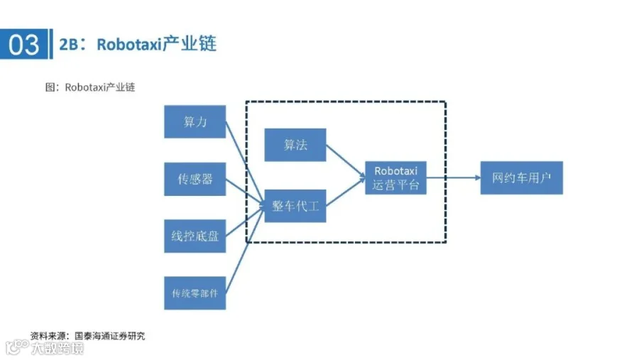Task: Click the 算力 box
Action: tap(195, 121)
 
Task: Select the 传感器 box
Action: tap(195, 179)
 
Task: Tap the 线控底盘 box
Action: tap(195, 236)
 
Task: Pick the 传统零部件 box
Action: tap(195, 293)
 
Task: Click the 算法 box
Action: tap(295, 145)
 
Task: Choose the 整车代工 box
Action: tap(295, 206)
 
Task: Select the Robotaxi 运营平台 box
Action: tap(395, 178)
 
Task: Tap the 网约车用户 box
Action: tap(522, 178)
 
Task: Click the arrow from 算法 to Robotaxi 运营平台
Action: tap(346, 161)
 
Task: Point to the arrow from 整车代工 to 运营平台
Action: tap(346, 192)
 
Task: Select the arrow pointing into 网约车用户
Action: tap(454, 178)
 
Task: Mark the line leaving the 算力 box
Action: tap(245, 164)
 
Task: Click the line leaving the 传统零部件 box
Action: tap(245, 249)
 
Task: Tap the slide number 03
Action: tap(23, 44)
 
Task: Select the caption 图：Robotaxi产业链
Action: tap(89, 87)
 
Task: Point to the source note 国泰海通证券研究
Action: tap(109, 336)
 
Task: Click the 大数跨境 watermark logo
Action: tap(45, 348)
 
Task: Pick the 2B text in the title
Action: tap(68, 44)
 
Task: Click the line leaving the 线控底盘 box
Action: tap(245, 222)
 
